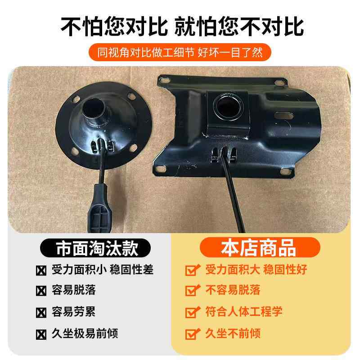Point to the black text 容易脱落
[x=74, y=290]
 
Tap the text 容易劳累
[x=74, y=311]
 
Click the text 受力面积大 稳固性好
[x=256, y=270]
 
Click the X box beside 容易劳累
[x=41, y=312]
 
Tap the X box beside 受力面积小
[x=41, y=270]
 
